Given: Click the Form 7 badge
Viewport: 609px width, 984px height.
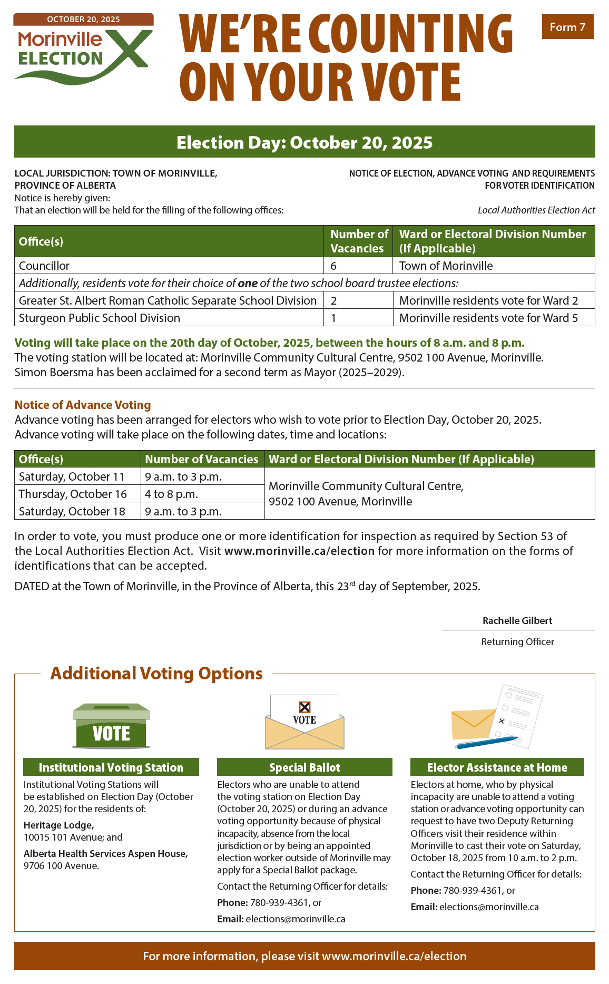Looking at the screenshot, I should (x=567, y=27).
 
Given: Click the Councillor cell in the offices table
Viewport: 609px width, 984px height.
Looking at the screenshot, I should (x=44, y=266).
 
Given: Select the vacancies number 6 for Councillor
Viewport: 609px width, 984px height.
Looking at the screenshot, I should (x=333, y=266).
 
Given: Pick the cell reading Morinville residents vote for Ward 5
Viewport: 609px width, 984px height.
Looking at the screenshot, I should (x=488, y=318).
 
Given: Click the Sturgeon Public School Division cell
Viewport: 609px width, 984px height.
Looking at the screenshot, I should (x=100, y=318).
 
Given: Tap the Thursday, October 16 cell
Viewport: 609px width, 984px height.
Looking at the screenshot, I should (x=73, y=494).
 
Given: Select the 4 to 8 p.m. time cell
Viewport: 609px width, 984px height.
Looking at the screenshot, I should (x=172, y=494).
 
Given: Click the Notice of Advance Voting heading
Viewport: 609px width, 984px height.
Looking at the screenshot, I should (x=83, y=405).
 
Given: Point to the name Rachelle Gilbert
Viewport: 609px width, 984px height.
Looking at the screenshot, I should (x=517, y=620).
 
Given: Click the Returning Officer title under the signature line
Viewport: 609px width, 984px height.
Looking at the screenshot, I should (x=517, y=641).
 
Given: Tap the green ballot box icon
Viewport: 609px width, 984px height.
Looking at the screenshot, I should (x=111, y=726).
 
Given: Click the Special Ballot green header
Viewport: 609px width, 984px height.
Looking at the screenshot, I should (x=304, y=767).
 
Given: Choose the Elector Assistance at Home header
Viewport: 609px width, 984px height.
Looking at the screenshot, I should (x=497, y=767).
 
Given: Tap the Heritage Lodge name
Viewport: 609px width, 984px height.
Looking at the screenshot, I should (x=59, y=825).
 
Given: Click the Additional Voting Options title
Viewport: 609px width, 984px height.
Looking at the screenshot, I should (x=156, y=674).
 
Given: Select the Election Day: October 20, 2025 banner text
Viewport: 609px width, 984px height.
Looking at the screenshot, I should (x=304, y=142).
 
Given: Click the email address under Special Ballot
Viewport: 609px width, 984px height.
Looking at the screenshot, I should (x=295, y=919).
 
